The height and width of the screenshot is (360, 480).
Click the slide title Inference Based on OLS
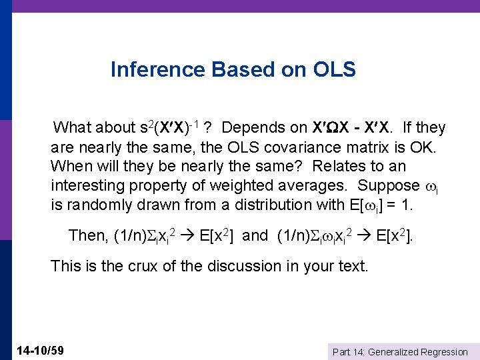click(x=233, y=69)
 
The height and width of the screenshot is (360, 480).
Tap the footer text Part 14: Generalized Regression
click(x=399, y=351)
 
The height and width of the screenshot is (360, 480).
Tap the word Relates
click(x=337, y=166)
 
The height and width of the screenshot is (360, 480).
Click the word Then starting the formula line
click(x=87, y=235)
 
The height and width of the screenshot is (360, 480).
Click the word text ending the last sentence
click(x=353, y=267)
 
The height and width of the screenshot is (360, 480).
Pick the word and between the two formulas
click(x=255, y=235)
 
